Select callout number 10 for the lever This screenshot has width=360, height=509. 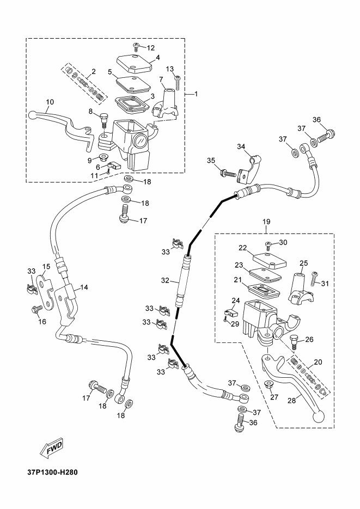click(x=50, y=102)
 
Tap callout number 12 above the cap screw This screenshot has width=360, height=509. click(x=151, y=48)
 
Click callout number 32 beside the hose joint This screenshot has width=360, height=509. click(x=164, y=281)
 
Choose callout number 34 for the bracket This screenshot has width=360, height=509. click(x=241, y=146)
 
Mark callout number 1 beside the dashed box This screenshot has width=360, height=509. click(x=196, y=94)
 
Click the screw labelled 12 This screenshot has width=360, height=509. click(x=137, y=49)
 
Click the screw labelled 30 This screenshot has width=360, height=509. click(x=268, y=246)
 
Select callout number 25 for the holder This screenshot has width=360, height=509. click(x=303, y=262)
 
